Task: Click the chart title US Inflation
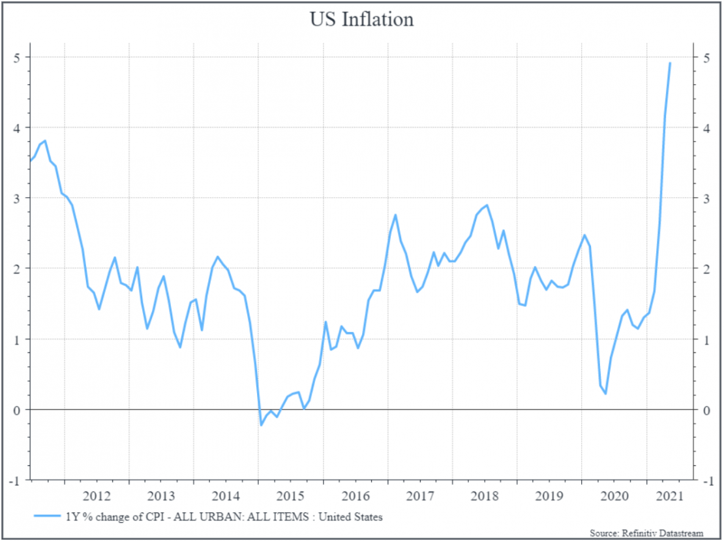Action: pos(361,20)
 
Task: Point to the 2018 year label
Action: pos(484,495)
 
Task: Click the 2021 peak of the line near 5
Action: pos(670,63)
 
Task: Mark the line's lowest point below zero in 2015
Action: pos(261,425)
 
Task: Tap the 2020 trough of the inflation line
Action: pos(605,394)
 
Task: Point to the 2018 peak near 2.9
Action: pos(487,205)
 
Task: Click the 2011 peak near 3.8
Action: pos(44,140)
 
